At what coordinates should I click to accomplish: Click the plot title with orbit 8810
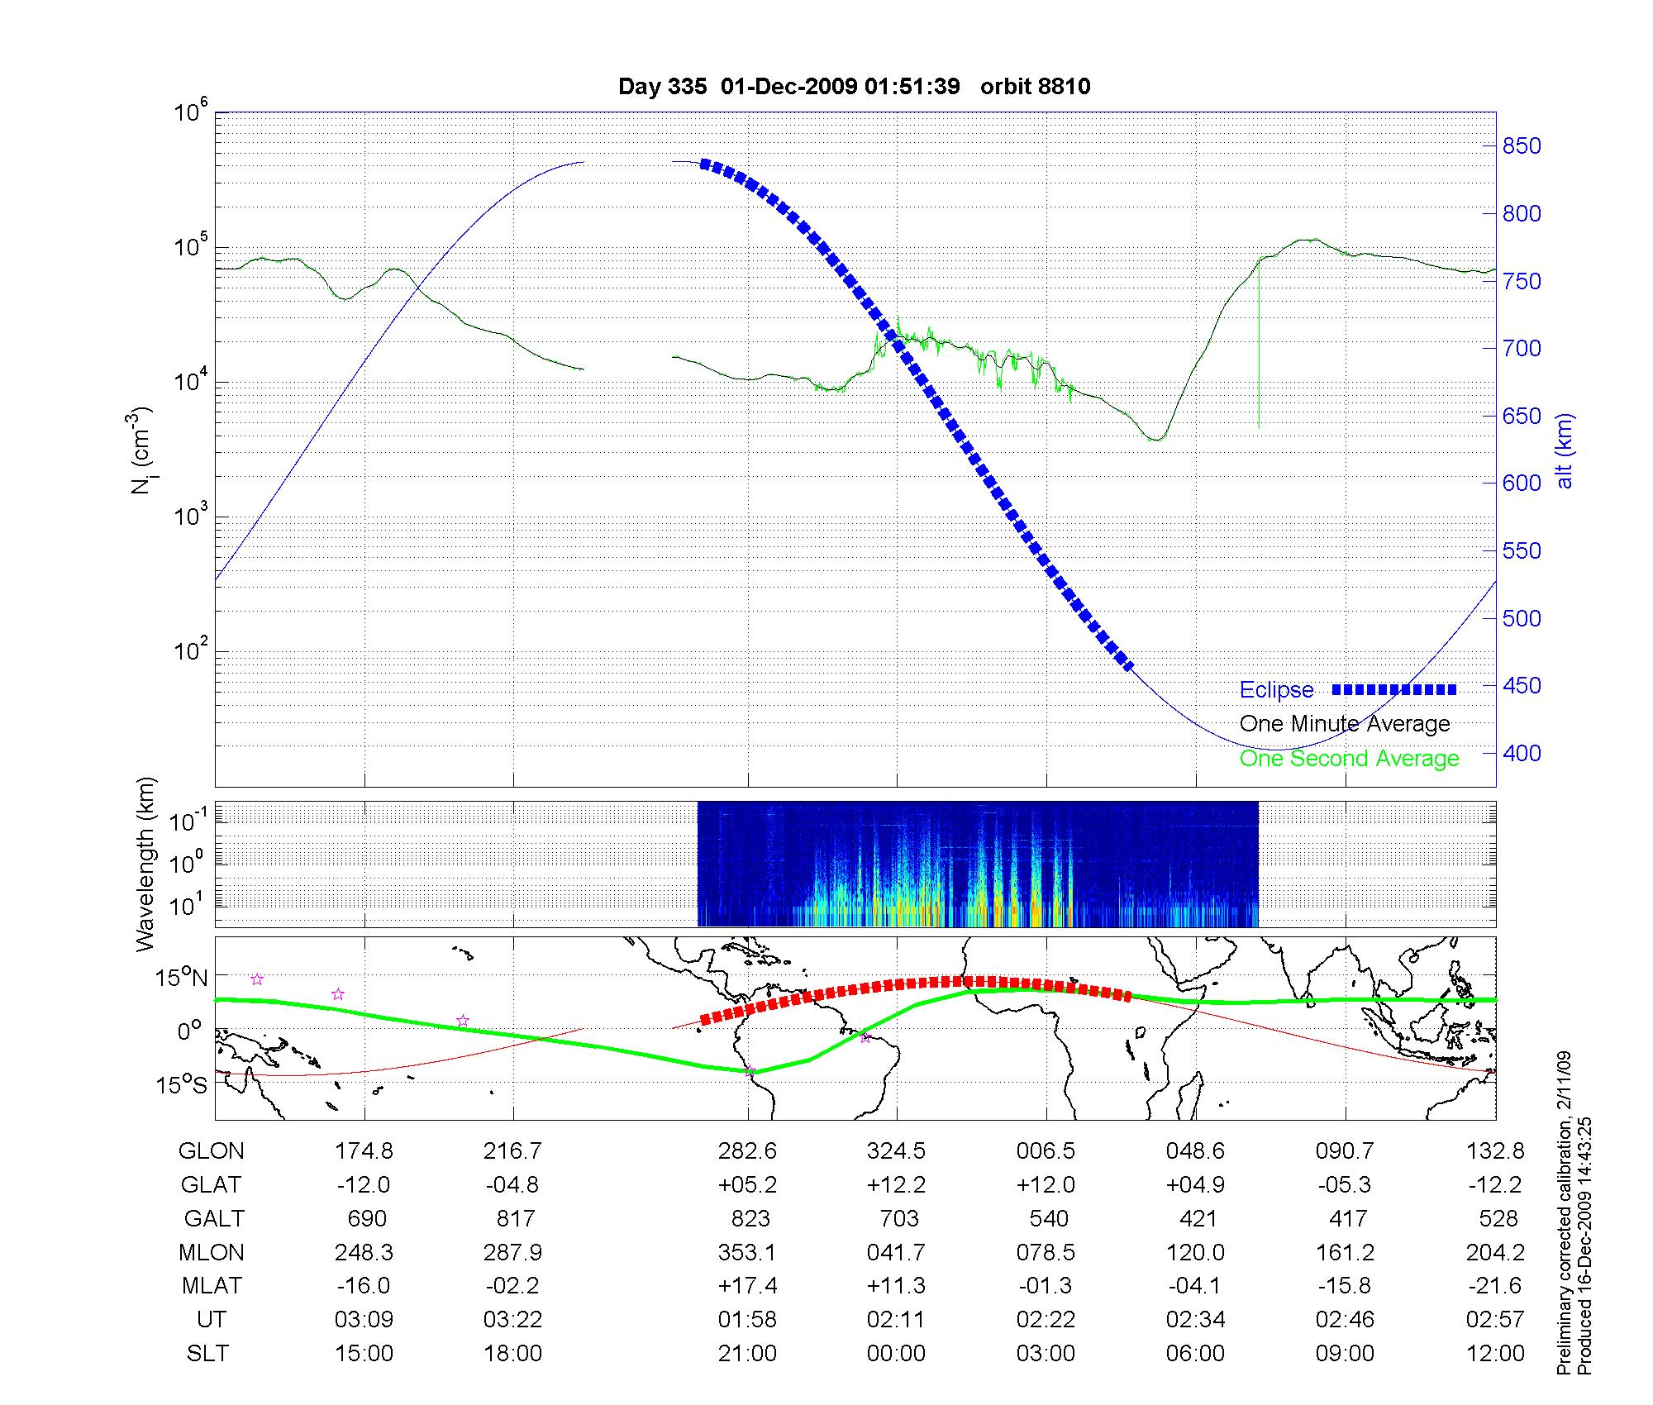click(854, 87)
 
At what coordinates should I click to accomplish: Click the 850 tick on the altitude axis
click(1521, 146)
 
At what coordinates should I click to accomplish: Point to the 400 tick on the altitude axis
click(1521, 753)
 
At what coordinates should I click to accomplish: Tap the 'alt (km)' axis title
click(1564, 450)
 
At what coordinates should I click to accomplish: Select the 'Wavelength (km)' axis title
click(145, 864)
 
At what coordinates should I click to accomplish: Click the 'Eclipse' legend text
click(1276, 690)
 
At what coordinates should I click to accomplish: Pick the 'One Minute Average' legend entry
click(1345, 724)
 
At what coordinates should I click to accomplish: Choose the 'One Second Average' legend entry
click(1349, 759)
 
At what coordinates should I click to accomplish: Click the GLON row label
click(212, 1150)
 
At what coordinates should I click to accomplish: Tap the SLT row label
click(207, 1353)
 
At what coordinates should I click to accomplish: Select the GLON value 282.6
click(747, 1150)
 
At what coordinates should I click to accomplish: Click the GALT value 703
click(898, 1218)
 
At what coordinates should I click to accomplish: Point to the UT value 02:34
click(1195, 1319)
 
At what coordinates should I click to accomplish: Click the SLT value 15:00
click(364, 1353)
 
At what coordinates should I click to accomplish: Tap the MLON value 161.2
click(1345, 1252)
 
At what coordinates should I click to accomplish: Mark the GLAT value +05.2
click(747, 1184)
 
